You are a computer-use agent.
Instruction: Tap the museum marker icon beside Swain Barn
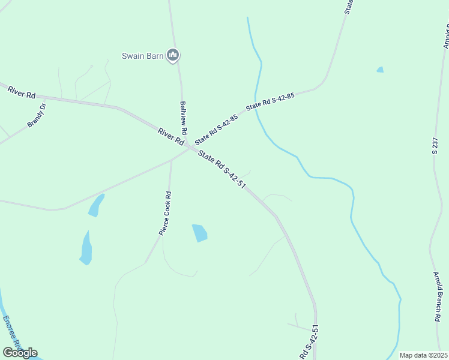pyautogui.click(x=173, y=56)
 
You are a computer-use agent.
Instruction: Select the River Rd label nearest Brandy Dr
pyautogui.click(x=22, y=92)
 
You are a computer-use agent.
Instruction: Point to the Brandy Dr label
pyautogui.click(x=37, y=116)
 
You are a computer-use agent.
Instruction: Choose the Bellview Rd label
pyautogui.click(x=184, y=118)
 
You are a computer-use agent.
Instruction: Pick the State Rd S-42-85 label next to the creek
pyautogui.click(x=270, y=102)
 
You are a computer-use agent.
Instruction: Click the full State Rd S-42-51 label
pyautogui.click(x=222, y=170)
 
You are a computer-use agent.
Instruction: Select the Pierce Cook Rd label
pyautogui.click(x=165, y=212)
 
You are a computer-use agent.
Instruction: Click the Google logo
pyautogui.click(x=20, y=353)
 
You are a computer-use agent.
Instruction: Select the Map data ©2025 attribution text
pyautogui.click(x=423, y=355)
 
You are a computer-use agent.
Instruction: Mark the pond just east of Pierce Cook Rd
pyautogui.click(x=199, y=233)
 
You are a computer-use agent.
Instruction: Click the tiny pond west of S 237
pyautogui.click(x=379, y=70)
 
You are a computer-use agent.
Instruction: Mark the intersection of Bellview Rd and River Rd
pyautogui.click(x=188, y=146)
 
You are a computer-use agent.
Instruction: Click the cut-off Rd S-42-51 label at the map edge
pyautogui.click(x=309, y=344)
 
